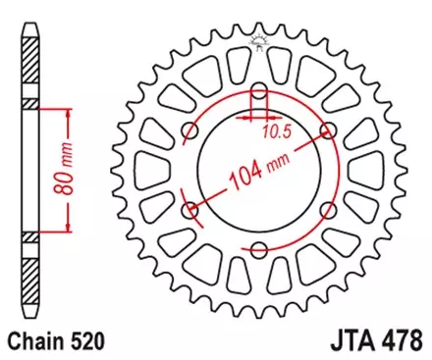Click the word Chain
[34, 343]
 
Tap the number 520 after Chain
[85, 343]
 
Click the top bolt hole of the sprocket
[260, 93]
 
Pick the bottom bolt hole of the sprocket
[260, 248]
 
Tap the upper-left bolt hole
[192, 131]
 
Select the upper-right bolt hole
[327, 131]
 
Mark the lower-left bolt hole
[192, 209]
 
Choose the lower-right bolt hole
[327, 209]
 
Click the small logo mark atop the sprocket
[260, 40]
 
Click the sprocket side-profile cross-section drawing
[28, 171]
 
